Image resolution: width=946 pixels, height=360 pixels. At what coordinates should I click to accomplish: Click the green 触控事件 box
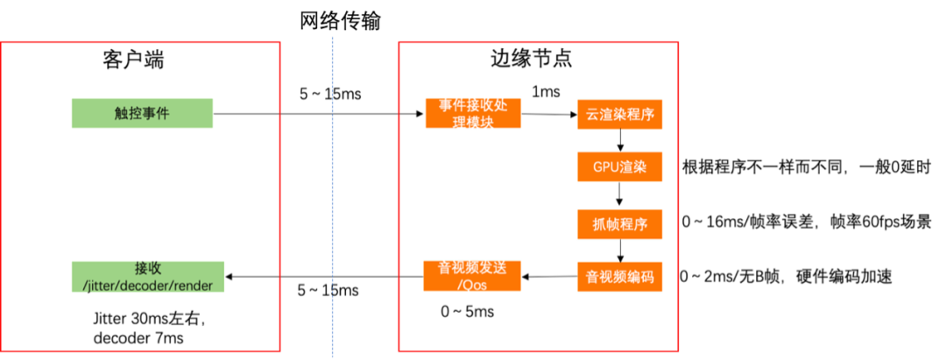pyautogui.click(x=142, y=114)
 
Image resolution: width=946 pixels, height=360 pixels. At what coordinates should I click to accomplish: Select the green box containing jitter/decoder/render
pyautogui.click(x=147, y=276)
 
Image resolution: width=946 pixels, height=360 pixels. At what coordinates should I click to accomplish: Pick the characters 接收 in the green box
pyautogui.click(x=147, y=268)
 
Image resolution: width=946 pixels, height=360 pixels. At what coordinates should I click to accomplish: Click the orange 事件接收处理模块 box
pyautogui.click(x=473, y=114)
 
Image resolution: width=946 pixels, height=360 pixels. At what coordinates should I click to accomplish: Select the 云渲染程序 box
pyautogui.click(x=619, y=115)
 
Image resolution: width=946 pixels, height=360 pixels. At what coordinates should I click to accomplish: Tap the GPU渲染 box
pyautogui.click(x=619, y=166)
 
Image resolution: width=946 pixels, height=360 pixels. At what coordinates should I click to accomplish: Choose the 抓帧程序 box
pyautogui.click(x=619, y=224)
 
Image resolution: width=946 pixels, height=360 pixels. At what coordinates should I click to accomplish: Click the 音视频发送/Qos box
pyautogui.click(x=473, y=275)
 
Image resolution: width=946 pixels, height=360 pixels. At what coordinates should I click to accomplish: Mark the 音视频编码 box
pyautogui.click(x=619, y=278)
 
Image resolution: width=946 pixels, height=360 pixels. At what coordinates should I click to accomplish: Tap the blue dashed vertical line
pyautogui.click(x=333, y=193)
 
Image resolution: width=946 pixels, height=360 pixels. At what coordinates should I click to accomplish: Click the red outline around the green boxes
pyautogui.click(x=279, y=193)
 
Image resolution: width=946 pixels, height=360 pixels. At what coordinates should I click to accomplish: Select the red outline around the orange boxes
pyautogui.click(x=680, y=193)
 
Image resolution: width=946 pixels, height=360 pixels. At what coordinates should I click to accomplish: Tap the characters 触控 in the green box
pyautogui.click(x=128, y=114)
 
